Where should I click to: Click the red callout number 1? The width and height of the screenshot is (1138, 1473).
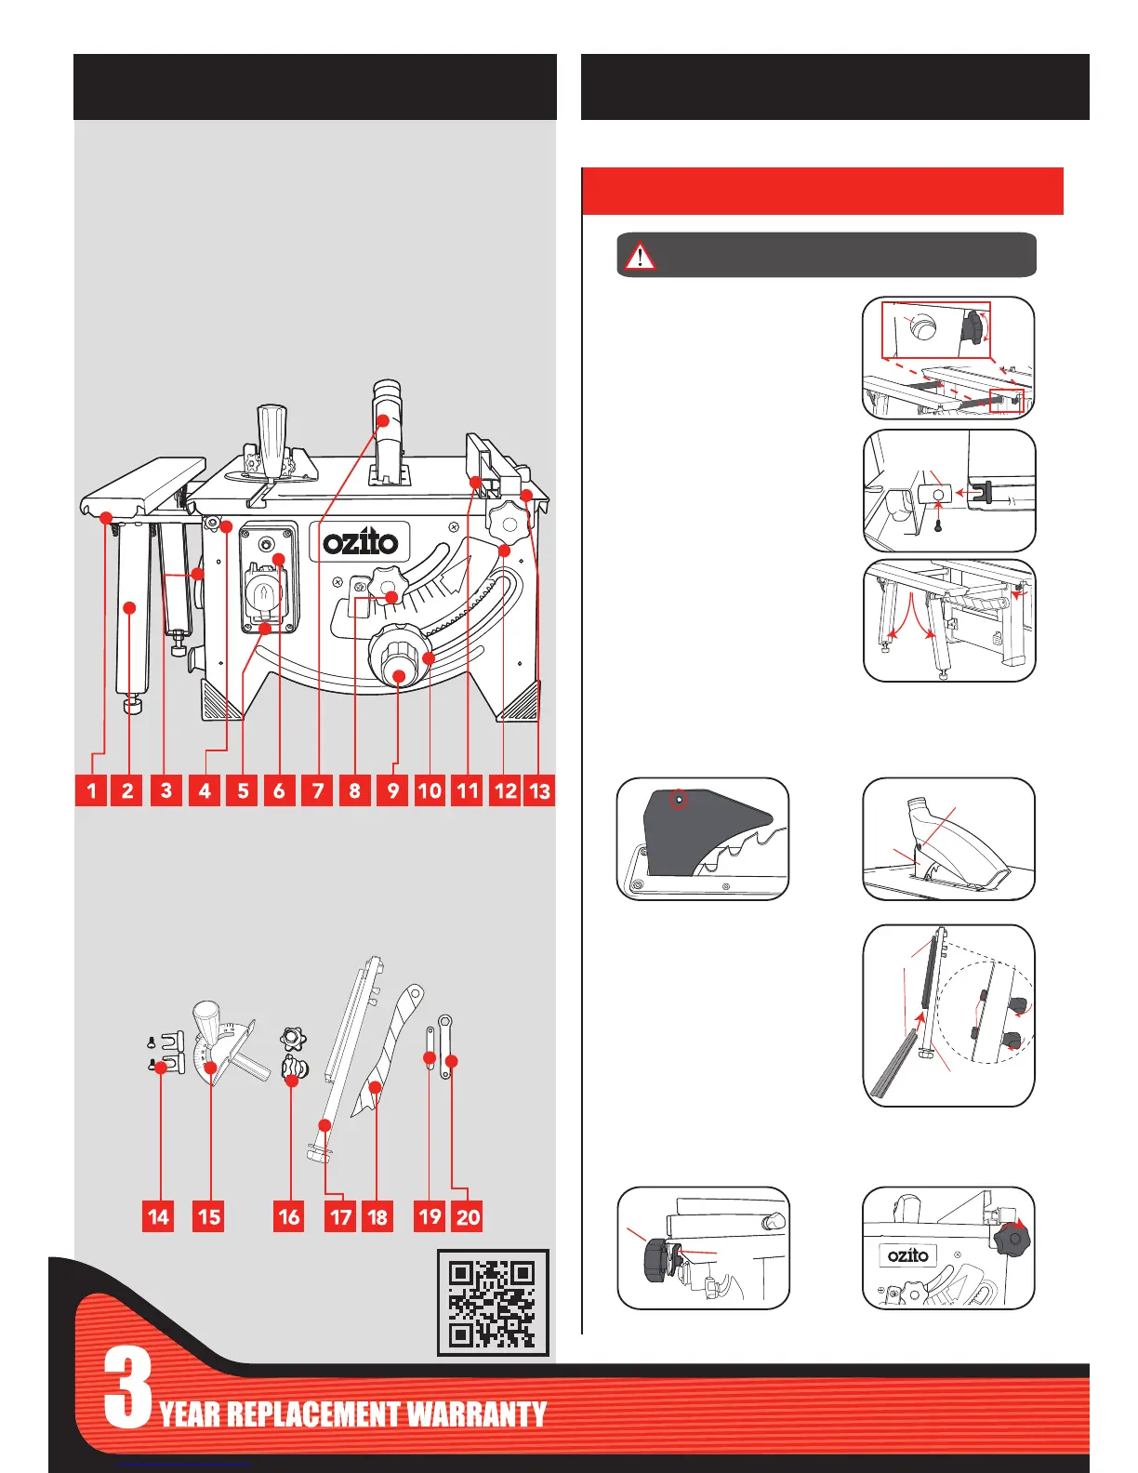pyautogui.click(x=91, y=790)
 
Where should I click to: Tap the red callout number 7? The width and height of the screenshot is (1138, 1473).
pyautogui.click(x=318, y=790)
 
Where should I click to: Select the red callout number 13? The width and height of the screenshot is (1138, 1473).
pyautogui.click(x=539, y=790)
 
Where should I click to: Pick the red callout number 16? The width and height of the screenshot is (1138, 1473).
pyautogui.click(x=289, y=1216)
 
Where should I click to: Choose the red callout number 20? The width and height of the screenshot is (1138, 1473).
pyautogui.click(x=468, y=1216)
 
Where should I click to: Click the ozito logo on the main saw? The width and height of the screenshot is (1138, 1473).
pyautogui.click(x=360, y=541)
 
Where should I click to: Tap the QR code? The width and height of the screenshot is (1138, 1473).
pyautogui.click(x=493, y=1302)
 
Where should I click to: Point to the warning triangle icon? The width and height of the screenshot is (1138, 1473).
pyautogui.click(x=640, y=255)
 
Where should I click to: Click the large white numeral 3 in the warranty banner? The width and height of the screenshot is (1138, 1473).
pyautogui.click(x=127, y=1388)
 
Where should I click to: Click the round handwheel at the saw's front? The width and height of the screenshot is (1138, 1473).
pyautogui.click(x=398, y=661)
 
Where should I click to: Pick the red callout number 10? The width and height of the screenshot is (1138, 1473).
pyautogui.click(x=430, y=790)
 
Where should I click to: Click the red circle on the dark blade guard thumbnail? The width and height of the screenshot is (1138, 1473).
pyautogui.click(x=680, y=799)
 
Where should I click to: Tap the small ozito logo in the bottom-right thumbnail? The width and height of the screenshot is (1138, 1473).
pyautogui.click(x=907, y=1255)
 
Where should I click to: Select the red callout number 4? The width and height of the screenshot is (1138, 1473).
pyautogui.click(x=205, y=790)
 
